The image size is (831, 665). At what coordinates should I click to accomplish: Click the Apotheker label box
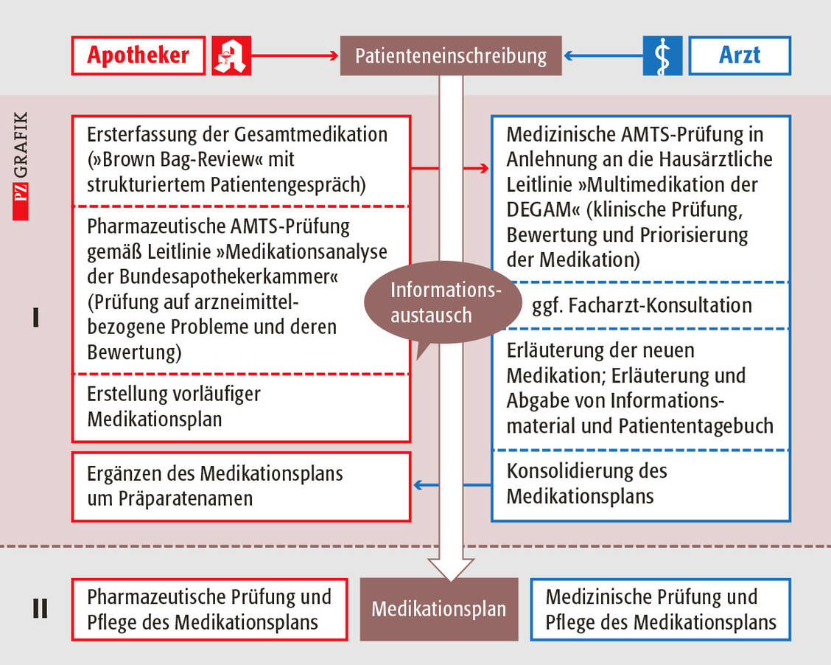coord(138,55)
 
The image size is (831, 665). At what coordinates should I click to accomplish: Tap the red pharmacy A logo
coord(231,55)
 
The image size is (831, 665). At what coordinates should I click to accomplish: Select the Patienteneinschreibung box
coord(451,56)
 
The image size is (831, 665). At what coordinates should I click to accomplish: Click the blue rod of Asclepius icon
coord(662,55)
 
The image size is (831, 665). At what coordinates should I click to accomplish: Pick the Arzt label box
coord(740,55)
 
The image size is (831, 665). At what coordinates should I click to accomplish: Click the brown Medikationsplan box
coord(439,609)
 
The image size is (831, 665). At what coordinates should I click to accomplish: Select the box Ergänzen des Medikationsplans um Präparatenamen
coord(241,486)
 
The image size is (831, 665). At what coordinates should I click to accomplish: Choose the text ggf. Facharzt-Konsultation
coord(641,305)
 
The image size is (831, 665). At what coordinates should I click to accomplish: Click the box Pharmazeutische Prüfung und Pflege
coord(209,609)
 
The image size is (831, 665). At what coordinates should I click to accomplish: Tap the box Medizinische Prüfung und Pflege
coord(660,609)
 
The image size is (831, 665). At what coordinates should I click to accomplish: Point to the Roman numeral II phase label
coord(39,609)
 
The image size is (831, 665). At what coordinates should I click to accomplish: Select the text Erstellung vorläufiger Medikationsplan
coord(174,406)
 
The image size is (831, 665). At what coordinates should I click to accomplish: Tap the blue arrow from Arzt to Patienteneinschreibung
coord(603,55)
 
